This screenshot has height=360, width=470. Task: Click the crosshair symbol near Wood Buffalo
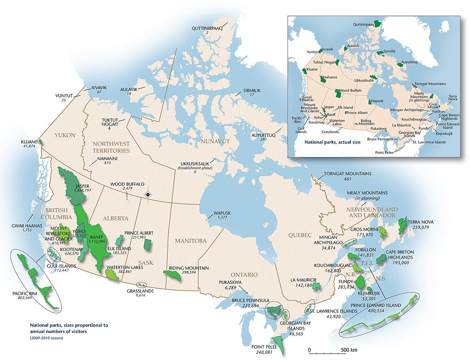148,194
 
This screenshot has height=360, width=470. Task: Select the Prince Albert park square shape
147,245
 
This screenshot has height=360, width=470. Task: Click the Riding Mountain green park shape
172,275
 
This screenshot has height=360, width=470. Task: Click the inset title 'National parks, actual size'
333,142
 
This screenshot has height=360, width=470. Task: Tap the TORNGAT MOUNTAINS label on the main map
342,173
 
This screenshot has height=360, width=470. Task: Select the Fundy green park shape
359,282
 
